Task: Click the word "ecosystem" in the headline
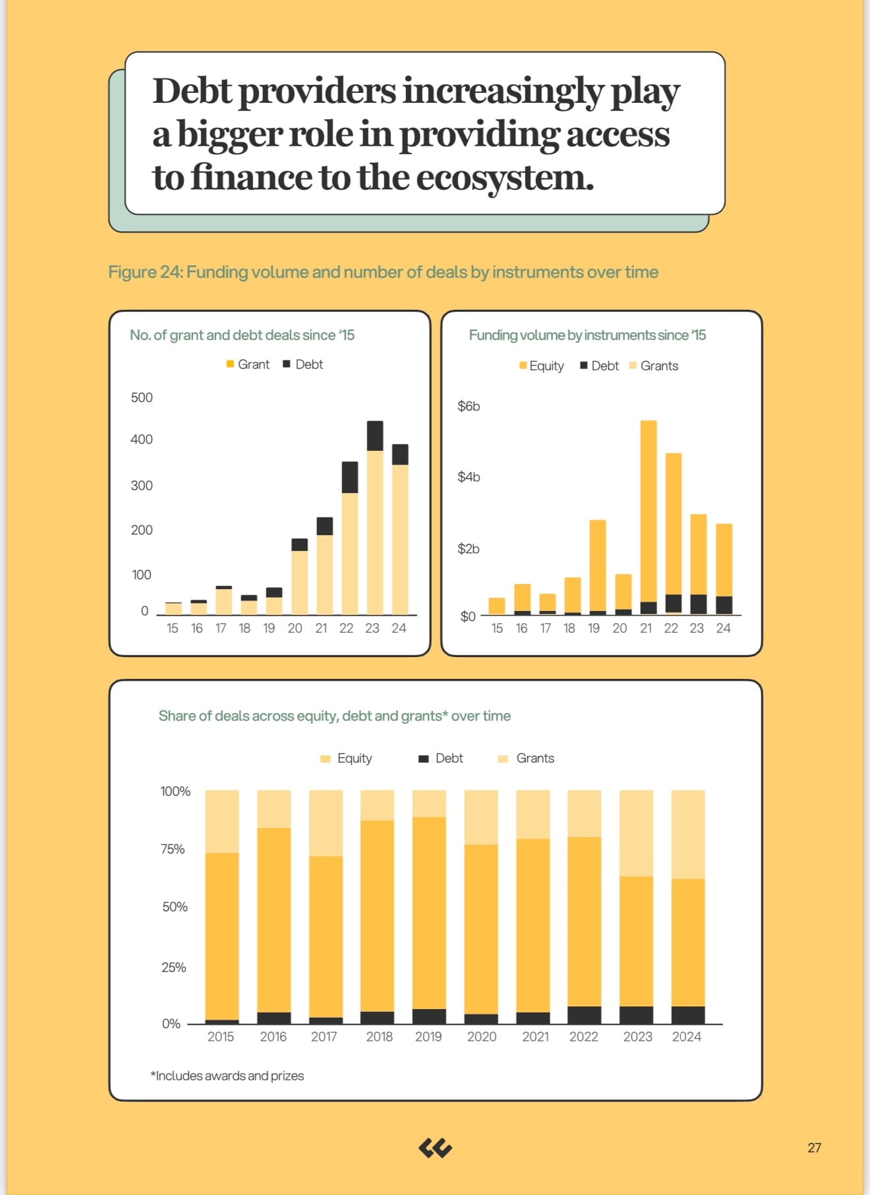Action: pos(505,177)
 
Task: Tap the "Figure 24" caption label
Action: pos(145,272)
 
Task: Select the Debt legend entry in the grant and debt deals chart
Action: pos(303,364)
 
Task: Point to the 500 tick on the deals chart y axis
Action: pos(142,397)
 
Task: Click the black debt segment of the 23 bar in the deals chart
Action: pos(375,436)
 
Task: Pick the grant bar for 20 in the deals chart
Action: pos(299,583)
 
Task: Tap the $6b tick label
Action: pos(469,406)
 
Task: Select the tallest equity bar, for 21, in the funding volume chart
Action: pos(649,511)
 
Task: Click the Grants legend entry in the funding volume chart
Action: pos(654,366)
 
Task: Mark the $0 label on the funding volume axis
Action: pos(468,616)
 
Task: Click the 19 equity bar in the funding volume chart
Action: pos(598,566)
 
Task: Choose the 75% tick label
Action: pos(173,849)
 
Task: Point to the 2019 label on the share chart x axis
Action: pos(428,1037)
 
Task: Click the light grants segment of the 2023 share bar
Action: pos(637,833)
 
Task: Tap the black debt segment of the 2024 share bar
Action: pos(688,1015)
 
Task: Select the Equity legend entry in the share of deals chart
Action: pos(346,759)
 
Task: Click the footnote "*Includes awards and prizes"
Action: pos(227,1076)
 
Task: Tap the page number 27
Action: pos(815,1148)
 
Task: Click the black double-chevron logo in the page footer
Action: pos(435,1148)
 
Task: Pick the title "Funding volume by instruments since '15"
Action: pos(587,335)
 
